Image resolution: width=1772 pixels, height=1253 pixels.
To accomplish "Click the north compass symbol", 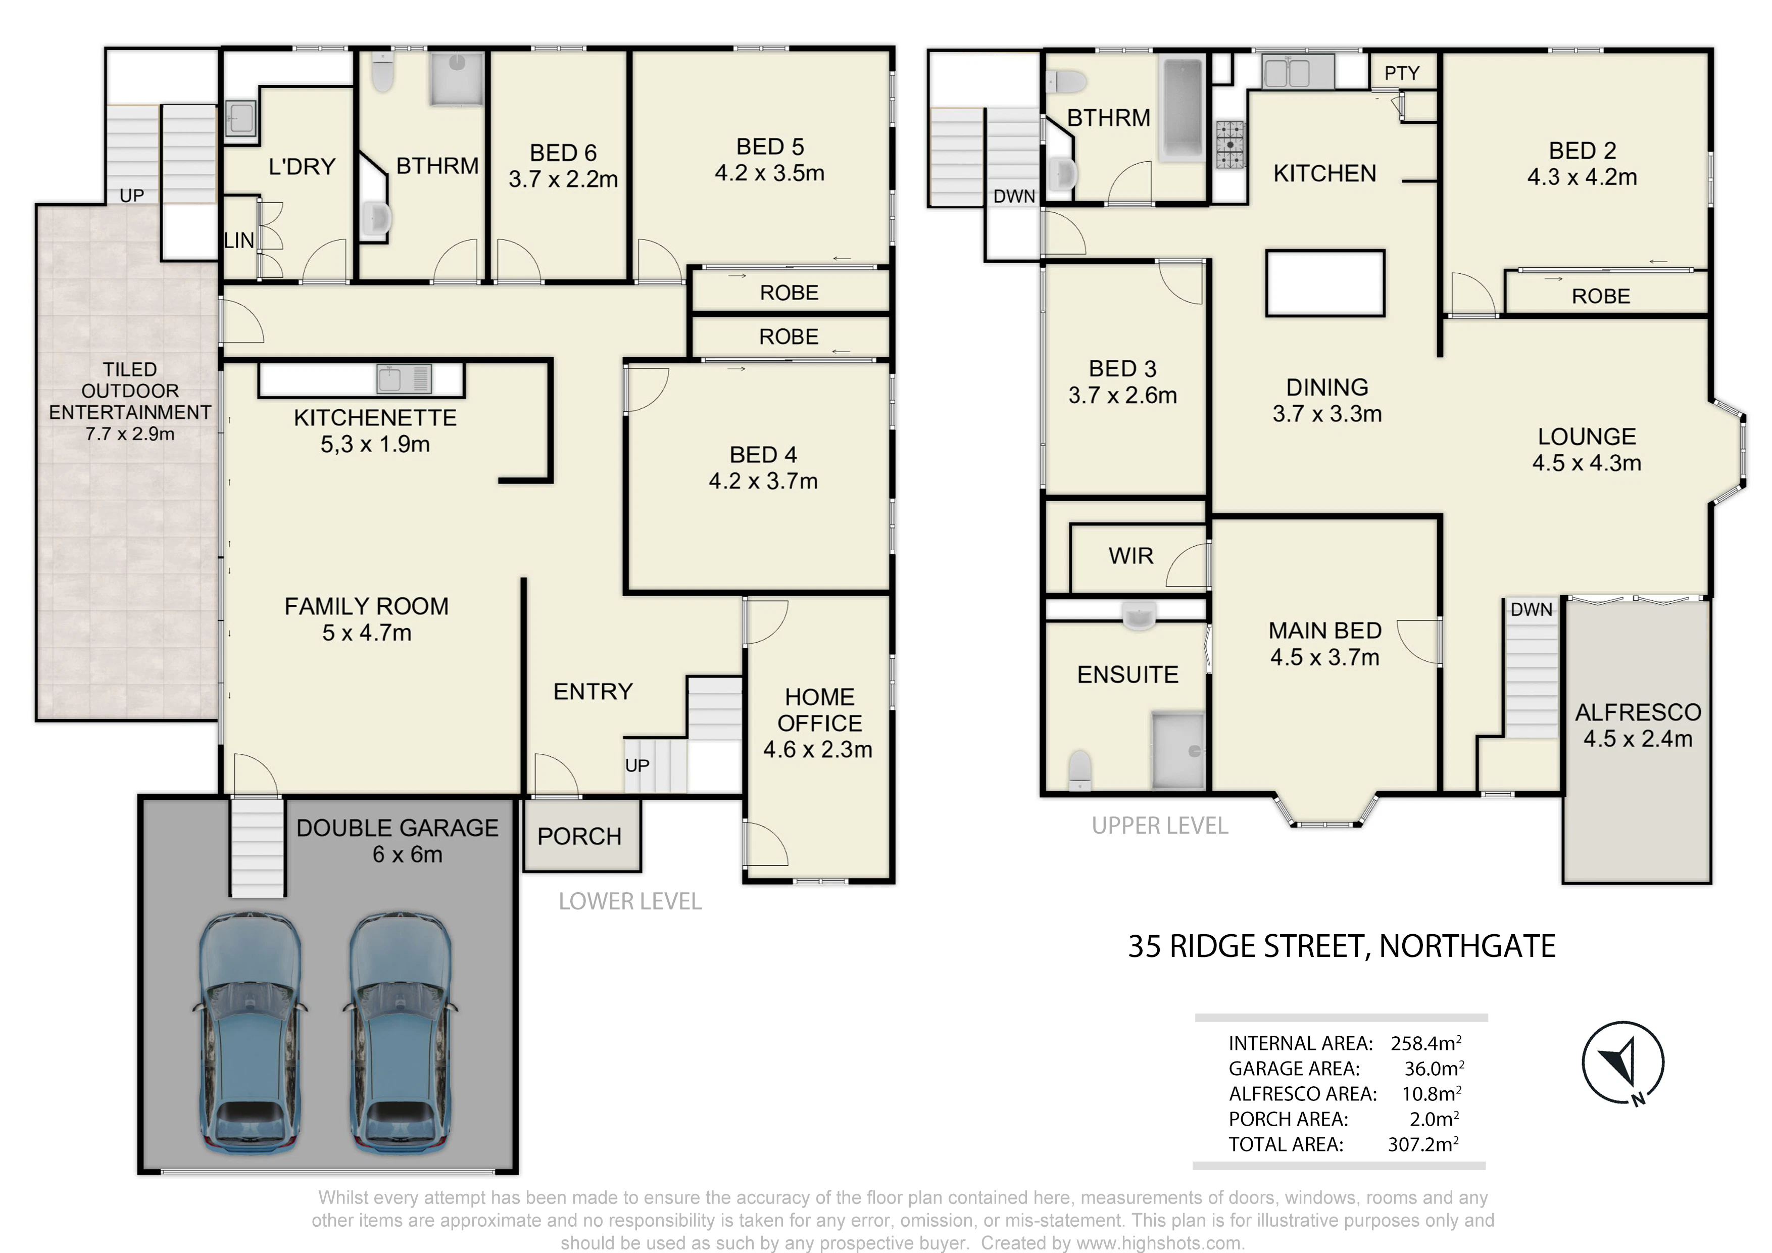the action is (x=1623, y=1064).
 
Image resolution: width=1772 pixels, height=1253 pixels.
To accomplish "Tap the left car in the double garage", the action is (x=250, y=1032).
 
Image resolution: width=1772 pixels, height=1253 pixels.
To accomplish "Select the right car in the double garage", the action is (x=400, y=1032).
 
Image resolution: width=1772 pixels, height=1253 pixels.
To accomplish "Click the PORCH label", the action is (x=579, y=836).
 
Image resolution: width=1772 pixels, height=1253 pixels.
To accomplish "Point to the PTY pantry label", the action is (x=1402, y=73).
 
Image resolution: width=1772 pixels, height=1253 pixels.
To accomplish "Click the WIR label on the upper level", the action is (x=1130, y=556).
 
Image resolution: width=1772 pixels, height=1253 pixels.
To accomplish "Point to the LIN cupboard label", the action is (x=239, y=241).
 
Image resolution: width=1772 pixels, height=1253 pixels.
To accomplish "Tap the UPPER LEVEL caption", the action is (x=1159, y=826).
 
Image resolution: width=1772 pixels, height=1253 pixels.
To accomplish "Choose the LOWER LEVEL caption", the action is (x=630, y=902).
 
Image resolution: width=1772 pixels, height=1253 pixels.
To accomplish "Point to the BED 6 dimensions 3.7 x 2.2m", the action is (x=563, y=179).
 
